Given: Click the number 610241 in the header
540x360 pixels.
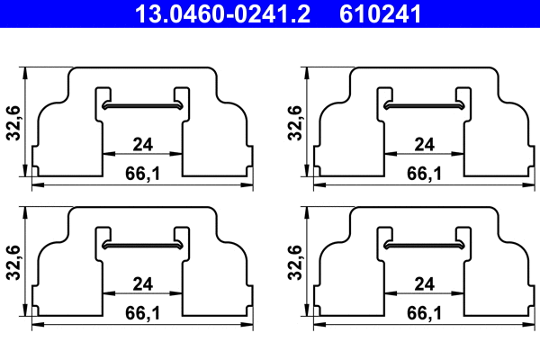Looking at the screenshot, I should (x=379, y=13).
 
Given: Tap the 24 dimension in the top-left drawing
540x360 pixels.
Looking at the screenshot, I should (x=142, y=144).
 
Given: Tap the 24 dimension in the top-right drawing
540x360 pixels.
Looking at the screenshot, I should (x=425, y=144).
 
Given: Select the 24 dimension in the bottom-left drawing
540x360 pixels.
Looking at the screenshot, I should (x=142, y=283).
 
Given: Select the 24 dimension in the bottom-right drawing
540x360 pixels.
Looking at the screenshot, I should (x=425, y=283).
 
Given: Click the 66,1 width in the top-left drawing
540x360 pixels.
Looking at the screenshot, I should (x=142, y=171).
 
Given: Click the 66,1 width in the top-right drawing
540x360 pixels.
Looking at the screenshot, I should (x=425, y=171).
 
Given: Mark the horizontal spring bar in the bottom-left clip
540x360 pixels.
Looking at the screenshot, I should (x=142, y=245).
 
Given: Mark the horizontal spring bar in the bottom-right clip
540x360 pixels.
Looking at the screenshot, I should (x=425, y=245).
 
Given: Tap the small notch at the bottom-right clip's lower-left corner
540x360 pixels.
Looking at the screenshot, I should (x=318, y=310).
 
